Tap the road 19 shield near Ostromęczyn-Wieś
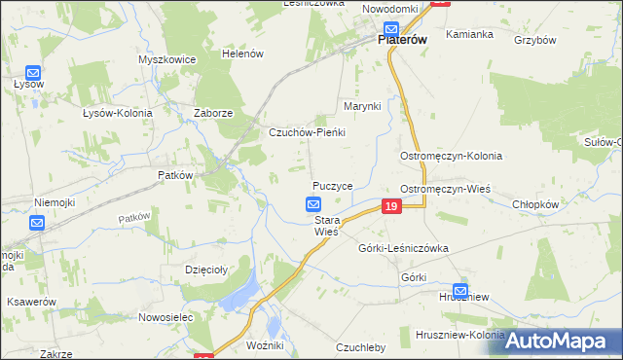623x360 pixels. [390, 206]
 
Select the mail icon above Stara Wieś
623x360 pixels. [313, 204]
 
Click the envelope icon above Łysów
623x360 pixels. [32, 71]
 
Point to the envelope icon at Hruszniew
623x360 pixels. [459, 290]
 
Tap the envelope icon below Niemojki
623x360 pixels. [36, 223]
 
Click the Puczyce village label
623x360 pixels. [332, 185]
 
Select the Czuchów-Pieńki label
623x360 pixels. [308, 132]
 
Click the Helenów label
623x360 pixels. [242, 54]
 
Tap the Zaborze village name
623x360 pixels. [213, 113]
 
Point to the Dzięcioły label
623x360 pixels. [205, 270]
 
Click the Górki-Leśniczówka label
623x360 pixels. [403, 248]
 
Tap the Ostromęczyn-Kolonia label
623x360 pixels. [451, 156]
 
